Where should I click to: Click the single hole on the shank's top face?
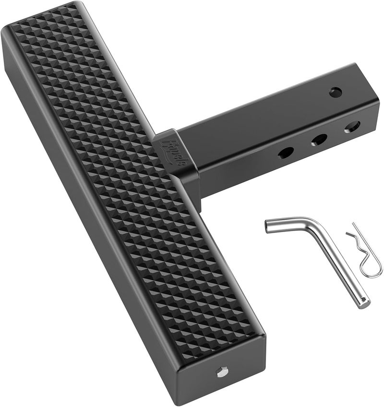click(335, 92)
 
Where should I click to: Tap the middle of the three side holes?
click(318, 140)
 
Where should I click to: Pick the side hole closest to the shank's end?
click(351, 127)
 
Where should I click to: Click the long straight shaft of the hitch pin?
click(341, 268)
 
